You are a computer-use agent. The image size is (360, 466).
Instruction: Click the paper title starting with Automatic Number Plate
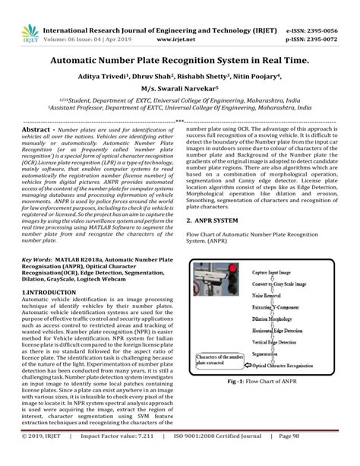[180, 58]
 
